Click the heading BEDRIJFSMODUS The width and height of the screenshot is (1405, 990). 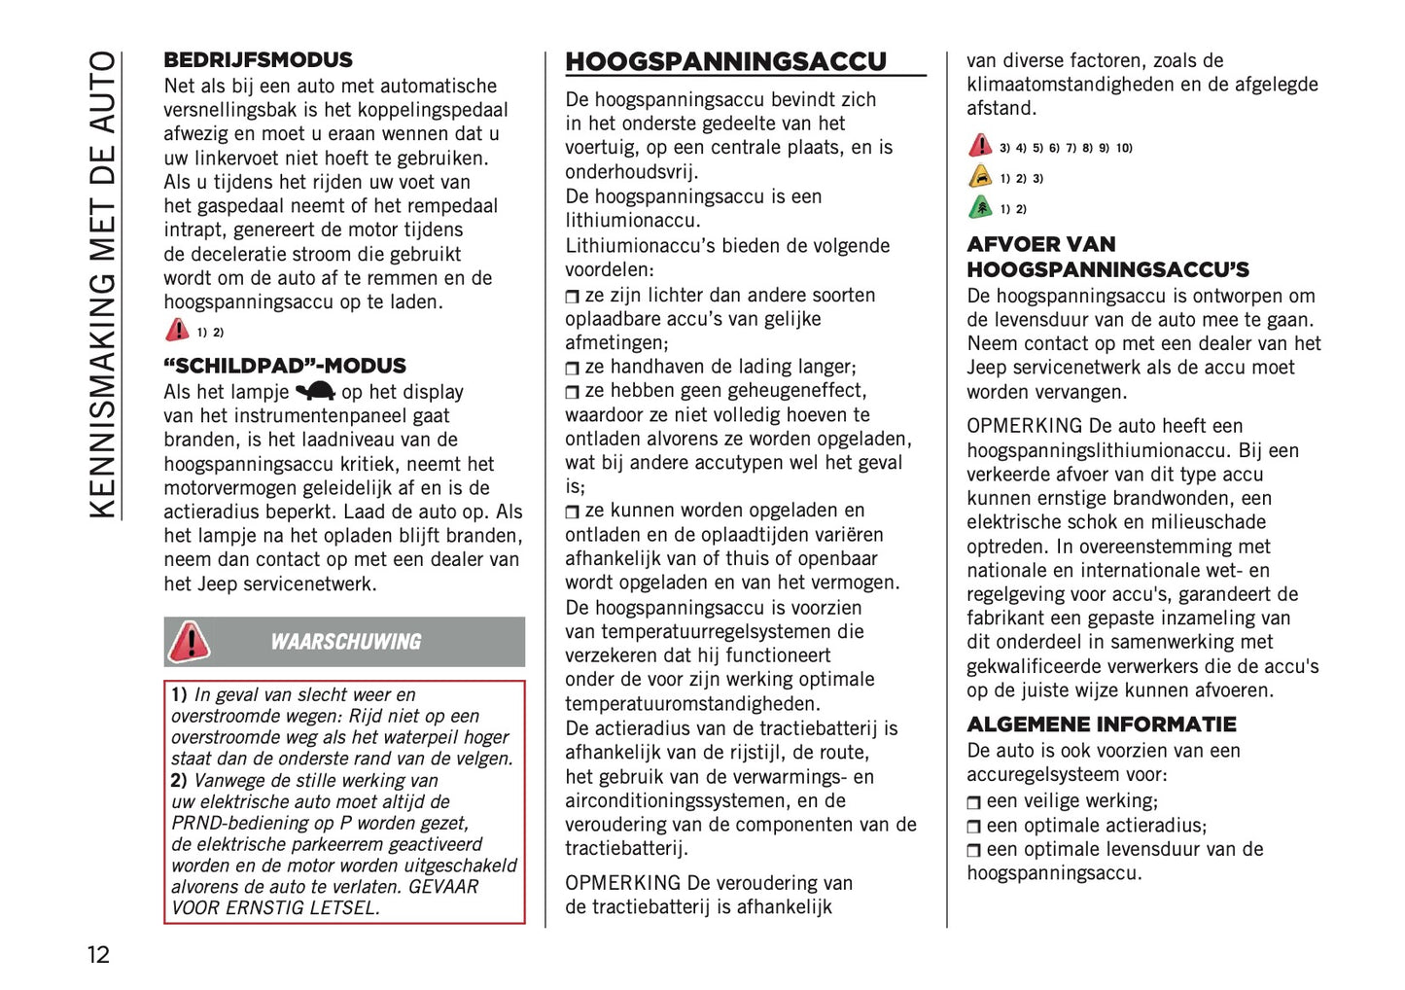258,60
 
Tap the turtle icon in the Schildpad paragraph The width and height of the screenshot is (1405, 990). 315,392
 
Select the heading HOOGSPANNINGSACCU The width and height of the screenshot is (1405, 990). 725,62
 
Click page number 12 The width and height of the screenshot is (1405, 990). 98,954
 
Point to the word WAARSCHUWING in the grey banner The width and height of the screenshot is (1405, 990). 345,642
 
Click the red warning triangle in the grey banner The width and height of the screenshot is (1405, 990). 189,642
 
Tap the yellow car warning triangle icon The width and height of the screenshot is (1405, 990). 980,178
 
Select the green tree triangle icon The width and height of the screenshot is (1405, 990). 980,208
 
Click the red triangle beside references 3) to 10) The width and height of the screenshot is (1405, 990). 980,147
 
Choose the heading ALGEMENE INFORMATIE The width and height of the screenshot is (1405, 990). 1101,725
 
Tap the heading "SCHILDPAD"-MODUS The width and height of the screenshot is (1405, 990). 285,367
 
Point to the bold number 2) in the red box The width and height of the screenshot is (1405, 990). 179,781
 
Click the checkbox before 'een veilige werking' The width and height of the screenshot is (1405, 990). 973,802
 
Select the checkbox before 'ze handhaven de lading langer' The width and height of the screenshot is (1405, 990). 572,369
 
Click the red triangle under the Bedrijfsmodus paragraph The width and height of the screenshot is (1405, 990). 177,331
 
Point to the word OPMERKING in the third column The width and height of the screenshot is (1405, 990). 1024,426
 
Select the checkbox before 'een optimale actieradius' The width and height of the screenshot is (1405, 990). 973,827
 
